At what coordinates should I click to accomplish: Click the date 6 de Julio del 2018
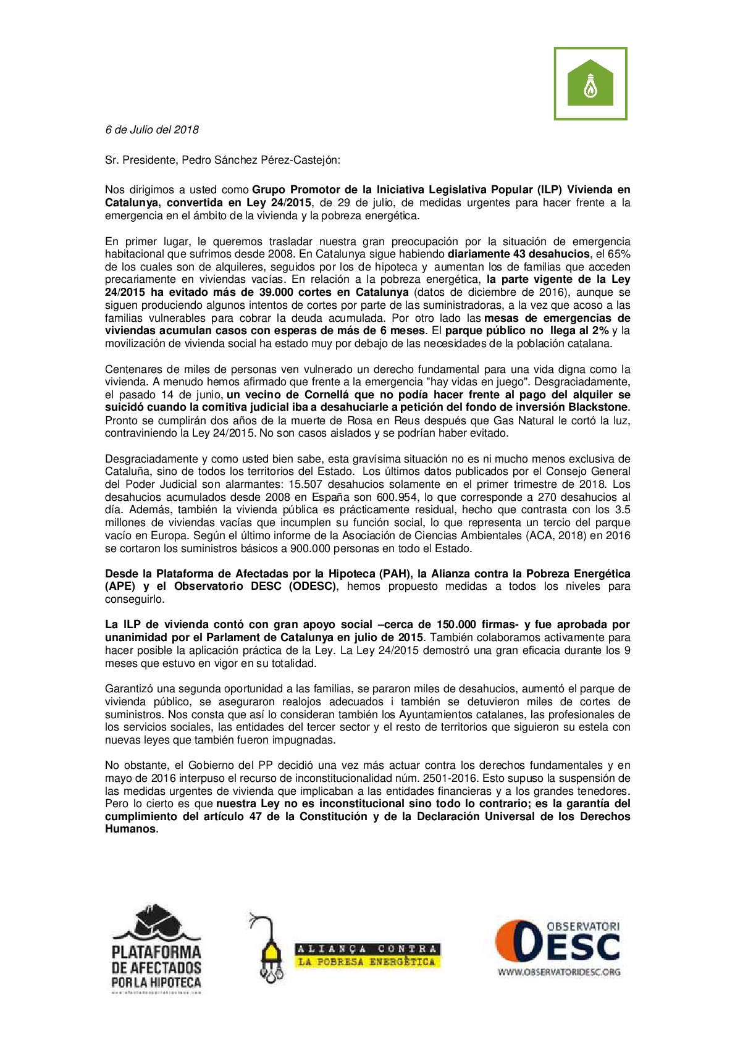[x=152, y=130]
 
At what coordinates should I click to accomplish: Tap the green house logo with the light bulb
[x=590, y=83]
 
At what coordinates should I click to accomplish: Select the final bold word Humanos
[x=130, y=829]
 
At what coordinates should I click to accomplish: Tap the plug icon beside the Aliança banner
[x=268, y=948]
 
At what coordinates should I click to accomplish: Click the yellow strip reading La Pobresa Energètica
[x=367, y=962]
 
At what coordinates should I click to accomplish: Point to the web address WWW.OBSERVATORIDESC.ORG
[x=559, y=972]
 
